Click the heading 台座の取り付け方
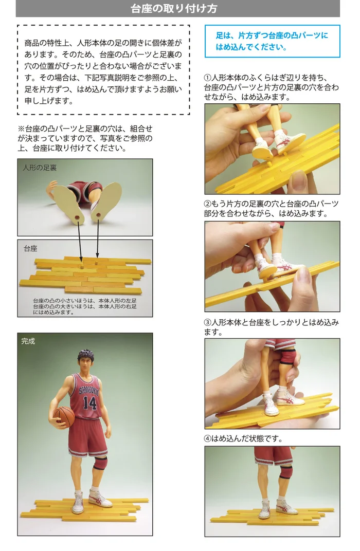click(x=174, y=8)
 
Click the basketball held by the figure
click(x=64, y=417)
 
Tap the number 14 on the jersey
click(x=89, y=402)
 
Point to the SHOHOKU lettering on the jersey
click(x=88, y=391)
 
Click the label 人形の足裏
click(x=40, y=168)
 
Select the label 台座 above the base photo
click(x=30, y=249)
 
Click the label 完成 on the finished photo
click(x=28, y=341)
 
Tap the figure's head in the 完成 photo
click(x=86, y=361)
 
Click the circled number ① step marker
click(x=208, y=78)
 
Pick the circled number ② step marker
click(x=208, y=204)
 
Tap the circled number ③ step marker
click(x=208, y=322)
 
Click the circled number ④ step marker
click(x=208, y=438)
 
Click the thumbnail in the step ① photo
click(x=297, y=177)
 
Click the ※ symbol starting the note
click(x=21, y=129)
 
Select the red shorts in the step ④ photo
click(x=273, y=455)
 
